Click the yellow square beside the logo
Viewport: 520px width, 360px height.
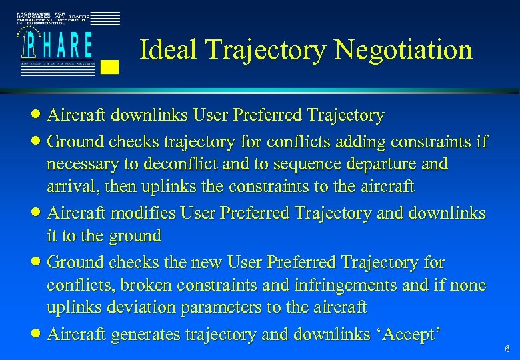(112, 66)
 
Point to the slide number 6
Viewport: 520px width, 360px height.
(507, 349)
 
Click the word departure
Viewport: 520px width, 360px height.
(385, 164)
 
